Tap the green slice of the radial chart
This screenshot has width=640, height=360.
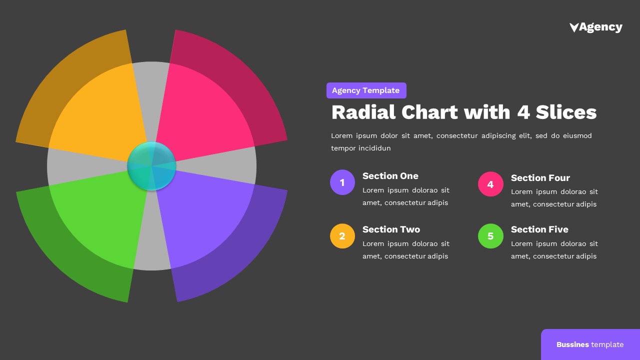click(95, 225)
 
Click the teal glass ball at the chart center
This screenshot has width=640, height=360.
click(151, 166)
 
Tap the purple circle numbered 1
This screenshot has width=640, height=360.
click(342, 182)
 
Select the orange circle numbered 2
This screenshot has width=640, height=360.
click(342, 236)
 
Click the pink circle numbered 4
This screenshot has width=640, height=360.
click(490, 184)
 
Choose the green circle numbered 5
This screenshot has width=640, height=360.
click(490, 236)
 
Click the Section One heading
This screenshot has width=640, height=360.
click(390, 176)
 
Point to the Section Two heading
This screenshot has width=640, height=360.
click(391, 229)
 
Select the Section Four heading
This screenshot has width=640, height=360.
click(540, 178)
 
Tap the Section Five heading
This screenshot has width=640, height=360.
click(539, 229)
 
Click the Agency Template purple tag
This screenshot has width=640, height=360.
click(366, 90)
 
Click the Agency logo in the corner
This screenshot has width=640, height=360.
click(596, 27)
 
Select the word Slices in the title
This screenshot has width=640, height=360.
click(566, 112)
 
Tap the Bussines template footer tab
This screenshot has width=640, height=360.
click(590, 344)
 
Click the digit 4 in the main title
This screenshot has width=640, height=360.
click(523, 112)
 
